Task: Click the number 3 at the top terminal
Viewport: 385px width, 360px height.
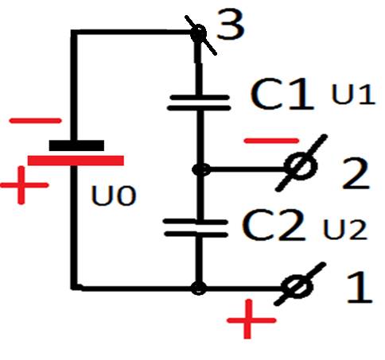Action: (230, 25)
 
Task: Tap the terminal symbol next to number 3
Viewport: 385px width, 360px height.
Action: (199, 34)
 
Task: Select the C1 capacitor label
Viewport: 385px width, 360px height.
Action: (282, 94)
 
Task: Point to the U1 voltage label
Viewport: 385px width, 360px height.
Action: (353, 94)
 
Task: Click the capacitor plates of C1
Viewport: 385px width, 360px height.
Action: (199, 103)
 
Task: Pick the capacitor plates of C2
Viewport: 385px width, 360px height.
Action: (196, 228)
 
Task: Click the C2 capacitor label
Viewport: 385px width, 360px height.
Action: (274, 225)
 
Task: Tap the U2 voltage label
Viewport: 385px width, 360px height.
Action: (345, 230)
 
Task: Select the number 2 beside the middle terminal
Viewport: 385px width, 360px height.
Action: (356, 173)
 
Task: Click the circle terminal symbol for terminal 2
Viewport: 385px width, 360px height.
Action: (301, 165)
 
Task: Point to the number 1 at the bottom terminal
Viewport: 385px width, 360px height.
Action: (360, 287)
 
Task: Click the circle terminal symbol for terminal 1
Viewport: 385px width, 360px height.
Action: (297, 286)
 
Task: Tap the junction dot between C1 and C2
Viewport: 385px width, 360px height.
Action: (201, 169)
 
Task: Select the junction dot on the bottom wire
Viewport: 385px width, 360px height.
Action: (199, 288)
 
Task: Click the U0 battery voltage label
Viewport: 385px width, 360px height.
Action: (114, 196)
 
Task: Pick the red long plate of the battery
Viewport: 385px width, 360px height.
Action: (76, 161)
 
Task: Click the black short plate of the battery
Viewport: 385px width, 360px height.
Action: (76, 145)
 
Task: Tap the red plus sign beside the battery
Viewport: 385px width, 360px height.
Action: (24, 185)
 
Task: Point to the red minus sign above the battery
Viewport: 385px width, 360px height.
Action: (35, 121)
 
